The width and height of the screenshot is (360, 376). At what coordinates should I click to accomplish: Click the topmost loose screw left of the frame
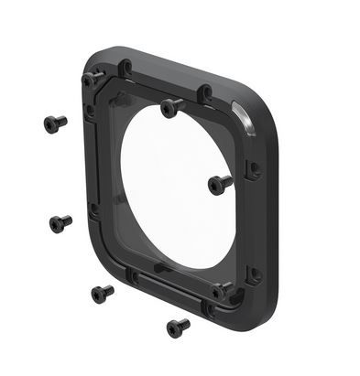tap(54, 123)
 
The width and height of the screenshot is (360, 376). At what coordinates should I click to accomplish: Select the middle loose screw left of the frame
tap(60, 222)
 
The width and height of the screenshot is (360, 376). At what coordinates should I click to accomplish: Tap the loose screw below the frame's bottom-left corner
tap(101, 294)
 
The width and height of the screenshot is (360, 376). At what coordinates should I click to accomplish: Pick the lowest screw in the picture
tap(177, 327)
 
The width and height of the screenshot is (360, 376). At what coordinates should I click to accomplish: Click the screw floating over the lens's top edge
tap(171, 108)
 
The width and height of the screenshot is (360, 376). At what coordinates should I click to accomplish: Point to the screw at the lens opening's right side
tap(219, 183)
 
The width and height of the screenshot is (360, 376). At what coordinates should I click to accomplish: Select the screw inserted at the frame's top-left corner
tap(92, 78)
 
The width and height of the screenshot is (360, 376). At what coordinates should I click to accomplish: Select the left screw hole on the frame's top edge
tap(125, 67)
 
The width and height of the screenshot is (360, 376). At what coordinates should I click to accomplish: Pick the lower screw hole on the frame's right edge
tap(254, 272)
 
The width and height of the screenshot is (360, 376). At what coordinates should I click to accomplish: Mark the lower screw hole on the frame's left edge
tap(93, 209)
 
